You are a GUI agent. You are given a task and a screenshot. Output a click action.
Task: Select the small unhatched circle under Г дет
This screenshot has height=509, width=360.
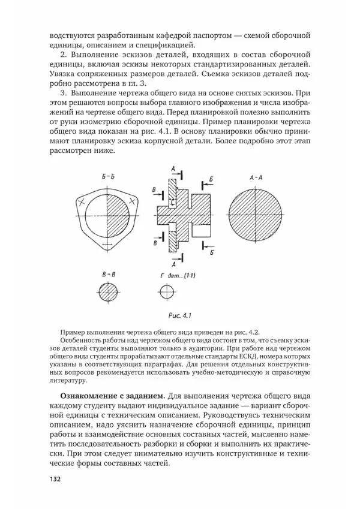point(166,294)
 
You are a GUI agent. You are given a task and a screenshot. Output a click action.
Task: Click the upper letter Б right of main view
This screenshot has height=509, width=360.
point(211,179)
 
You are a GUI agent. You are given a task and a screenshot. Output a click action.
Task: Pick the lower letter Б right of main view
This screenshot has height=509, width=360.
point(212,254)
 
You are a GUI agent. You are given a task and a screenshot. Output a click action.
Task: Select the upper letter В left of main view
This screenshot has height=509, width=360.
point(154,191)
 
